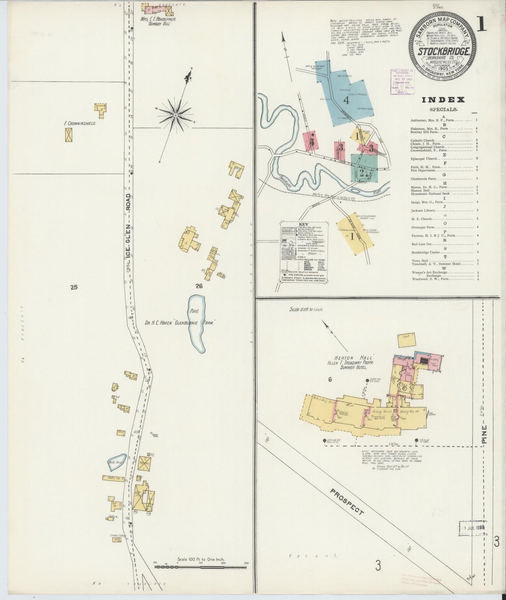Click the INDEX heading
(x=443, y=100)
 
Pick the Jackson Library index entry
(x=423, y=210)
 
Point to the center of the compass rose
(x=176, y=115)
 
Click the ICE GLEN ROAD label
(x=128, y=228)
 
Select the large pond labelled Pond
(x=196, y=323)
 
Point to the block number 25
(x=74, y=287)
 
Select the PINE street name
(x=484, y=435)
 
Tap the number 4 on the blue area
(x=347, y=100)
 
